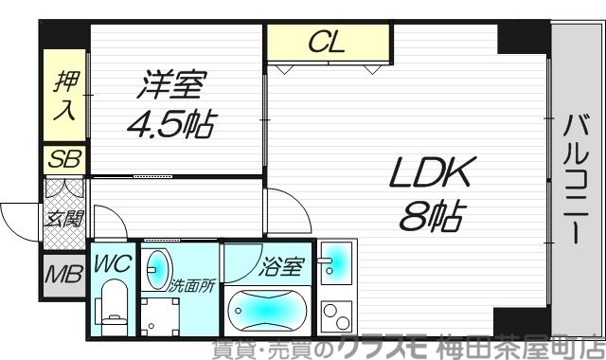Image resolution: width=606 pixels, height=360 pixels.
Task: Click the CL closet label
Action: click(327, 42)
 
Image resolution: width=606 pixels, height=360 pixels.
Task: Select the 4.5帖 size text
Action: click(170, 123)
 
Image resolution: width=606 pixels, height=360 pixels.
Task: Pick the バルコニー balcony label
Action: click(577, 179)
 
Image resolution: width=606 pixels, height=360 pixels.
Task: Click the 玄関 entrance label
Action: click(63, 219)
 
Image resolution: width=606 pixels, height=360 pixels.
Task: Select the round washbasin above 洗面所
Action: click(158, 267)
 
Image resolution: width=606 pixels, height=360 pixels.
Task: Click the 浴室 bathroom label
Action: click(281, 266)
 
